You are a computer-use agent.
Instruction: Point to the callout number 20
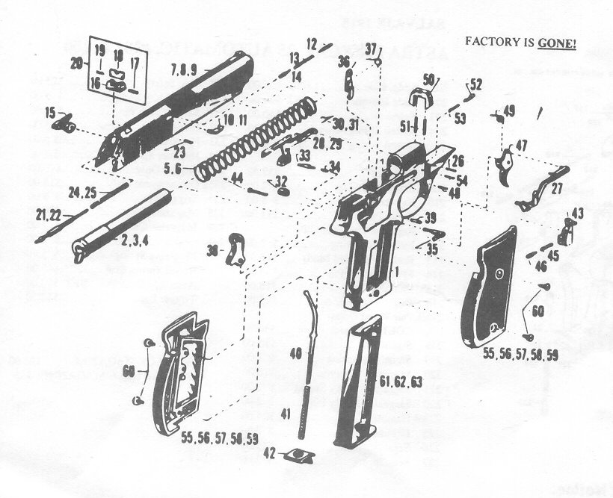click(x=76, y=64)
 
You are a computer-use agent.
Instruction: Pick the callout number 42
click(x=268, y=453)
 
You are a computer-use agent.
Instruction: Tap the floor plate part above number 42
click(x=300, y=454)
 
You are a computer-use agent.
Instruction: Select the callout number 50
click(x=428, y=80)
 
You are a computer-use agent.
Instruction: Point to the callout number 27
click(x=556, y=190)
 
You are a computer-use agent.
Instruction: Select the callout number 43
click(x=576, y=214)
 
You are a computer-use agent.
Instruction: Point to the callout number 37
click(x=372, y=49)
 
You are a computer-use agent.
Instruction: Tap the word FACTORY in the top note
click(x=490, y=42)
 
